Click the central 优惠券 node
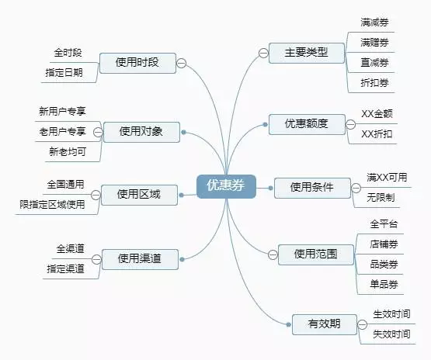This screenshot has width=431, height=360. click(226, 186)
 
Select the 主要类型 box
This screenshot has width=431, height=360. click(307, 53)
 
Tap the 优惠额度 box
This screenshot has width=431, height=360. click(307, 124)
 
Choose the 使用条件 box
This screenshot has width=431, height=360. click(312, 188)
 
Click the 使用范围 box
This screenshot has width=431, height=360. click(316, 254)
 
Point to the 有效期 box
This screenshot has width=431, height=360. click(325, 324)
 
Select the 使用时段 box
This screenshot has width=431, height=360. click(137, 63)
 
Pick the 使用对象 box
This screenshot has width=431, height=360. click(141, 132)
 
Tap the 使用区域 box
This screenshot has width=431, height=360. click(139, 195)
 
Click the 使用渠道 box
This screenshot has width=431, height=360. click(140, 259)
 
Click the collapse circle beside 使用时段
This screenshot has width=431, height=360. click(181, 63)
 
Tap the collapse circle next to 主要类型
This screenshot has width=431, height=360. click(263, 53)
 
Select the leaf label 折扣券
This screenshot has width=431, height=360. click(374, 83)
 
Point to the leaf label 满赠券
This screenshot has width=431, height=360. click(374, 43)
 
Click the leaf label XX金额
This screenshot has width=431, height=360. click(377, 114)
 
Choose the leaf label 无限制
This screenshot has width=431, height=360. click(381, 197)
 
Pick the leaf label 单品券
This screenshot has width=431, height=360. click(384, 284)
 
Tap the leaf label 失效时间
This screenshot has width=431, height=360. click(391, 334)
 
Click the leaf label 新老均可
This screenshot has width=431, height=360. click(68, 151)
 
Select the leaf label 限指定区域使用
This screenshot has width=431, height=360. click(52, 205)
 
